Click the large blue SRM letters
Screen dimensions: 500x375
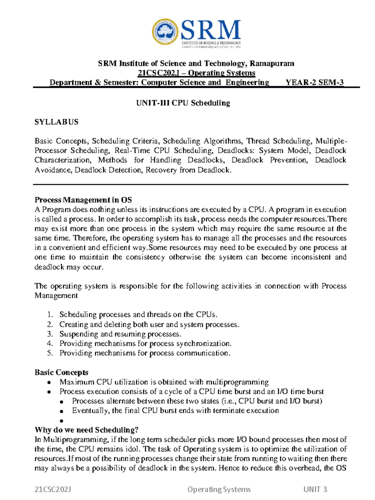click(x=211, y=30)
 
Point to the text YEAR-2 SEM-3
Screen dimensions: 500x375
click(x=315, y=82)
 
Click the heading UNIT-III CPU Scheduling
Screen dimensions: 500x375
click(x=183, y=103)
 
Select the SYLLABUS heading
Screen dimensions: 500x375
click(x=57, y=122)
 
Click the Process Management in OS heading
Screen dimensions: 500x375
click(x=83, y=200)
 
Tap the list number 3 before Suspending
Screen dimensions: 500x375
click(x=50, y=334)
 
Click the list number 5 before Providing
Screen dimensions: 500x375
click(x=50, y=353)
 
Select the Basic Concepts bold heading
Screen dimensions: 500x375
click(x=61, y=372)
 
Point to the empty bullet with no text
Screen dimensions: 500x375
click(x=61, y=421)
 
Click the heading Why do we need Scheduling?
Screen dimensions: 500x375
click(x=87, y=430)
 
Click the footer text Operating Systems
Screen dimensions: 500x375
click(x=219, y=489)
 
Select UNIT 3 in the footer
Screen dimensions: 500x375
click(x=315, y=489)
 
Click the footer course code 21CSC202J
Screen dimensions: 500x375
click(x=53, y=489)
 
